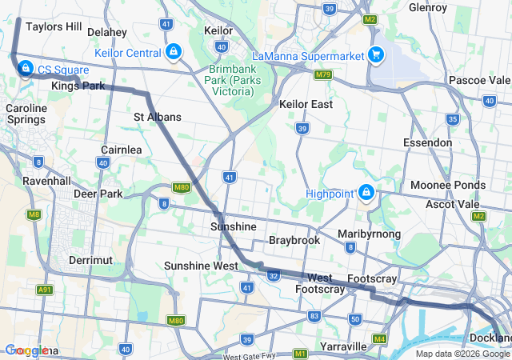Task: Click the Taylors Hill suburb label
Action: [x=54, y=26]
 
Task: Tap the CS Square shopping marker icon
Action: [x=26, y=69]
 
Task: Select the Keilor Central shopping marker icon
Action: [x=173, y=53]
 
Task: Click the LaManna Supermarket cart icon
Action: [x=375, y=55]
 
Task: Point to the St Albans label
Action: [x=157, y=117]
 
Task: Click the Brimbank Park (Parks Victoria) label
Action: [x=231, y=80]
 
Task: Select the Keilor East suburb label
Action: [x=305, y=104]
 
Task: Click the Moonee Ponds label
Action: [x=448, y=185]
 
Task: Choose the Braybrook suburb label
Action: [x=294, y=240]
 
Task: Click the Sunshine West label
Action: [x=201, y=266]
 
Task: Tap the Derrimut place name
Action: [x=90, y=261]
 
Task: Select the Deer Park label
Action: [x=98, y=194]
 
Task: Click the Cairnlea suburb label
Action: [x=122, y=150]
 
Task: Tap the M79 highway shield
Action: [x=323, y=75]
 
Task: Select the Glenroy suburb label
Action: [x=427, y=7]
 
